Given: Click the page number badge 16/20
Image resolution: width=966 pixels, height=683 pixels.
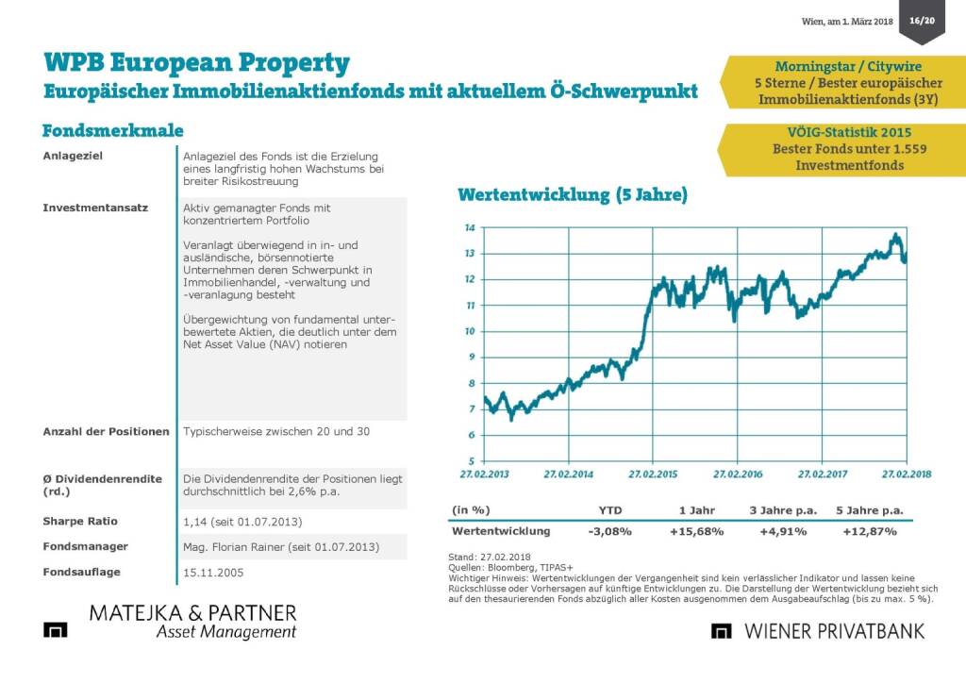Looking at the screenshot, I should [922, 21].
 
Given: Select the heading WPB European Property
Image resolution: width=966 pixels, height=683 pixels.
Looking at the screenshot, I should [196, 63].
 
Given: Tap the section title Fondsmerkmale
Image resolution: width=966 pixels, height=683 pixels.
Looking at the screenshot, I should [112, 130].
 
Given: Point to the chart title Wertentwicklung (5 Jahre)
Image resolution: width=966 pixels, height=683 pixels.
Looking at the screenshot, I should [572, 196].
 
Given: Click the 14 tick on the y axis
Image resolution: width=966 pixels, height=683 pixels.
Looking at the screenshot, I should [469, 227].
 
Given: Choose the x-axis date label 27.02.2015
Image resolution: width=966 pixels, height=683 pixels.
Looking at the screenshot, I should [652, 475].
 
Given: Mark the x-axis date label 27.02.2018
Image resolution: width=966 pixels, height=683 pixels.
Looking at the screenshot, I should [907, 475].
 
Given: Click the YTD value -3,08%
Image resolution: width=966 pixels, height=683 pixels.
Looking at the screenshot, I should [609, 531].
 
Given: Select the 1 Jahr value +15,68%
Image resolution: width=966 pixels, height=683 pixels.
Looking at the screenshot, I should [696, 531].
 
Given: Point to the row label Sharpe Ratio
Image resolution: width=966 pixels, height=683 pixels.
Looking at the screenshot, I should [80, 521].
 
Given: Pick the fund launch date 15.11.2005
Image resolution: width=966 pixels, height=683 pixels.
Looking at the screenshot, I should [212, 572].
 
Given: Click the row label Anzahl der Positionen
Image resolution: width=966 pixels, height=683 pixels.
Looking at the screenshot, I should [106, 431].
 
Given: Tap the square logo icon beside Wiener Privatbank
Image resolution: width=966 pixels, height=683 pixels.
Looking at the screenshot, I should [723, 631].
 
